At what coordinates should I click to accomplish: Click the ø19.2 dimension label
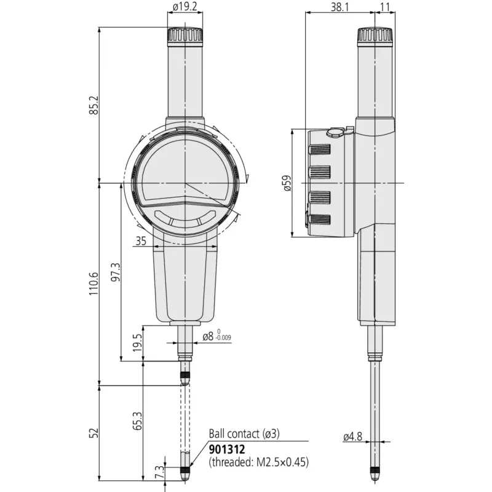click(185, 7)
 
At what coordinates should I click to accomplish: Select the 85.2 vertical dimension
click(94, 105)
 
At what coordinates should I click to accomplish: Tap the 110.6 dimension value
click(94, 284)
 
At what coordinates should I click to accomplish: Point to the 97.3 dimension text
click(116, 272)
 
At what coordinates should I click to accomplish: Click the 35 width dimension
click(141, 241)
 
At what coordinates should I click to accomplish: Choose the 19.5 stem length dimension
click(137, 343)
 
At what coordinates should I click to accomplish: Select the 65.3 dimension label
click(137, 421)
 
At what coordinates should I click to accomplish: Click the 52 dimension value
click(94, 433)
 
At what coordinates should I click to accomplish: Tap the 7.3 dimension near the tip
click(159, 472)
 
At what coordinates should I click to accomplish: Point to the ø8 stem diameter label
click(208, 336)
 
